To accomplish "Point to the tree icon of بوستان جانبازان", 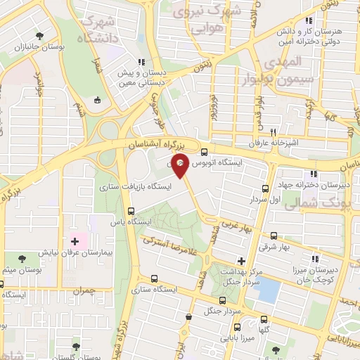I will (41, 34).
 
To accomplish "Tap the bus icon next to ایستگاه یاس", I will (131, 211).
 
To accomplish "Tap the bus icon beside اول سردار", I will (265, 188).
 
